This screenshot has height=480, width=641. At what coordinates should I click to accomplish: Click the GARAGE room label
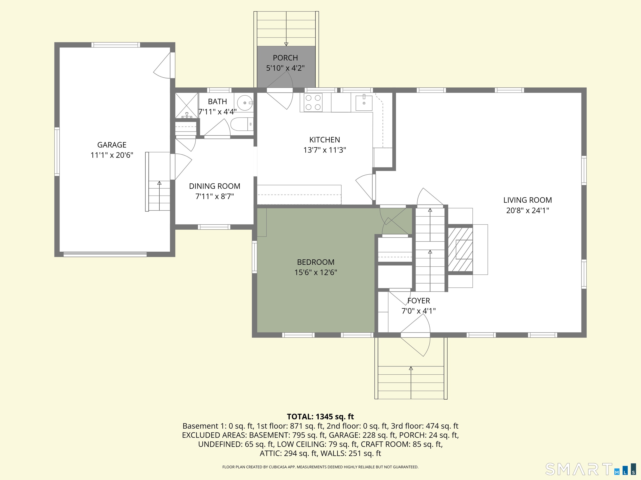[x=112, y=145]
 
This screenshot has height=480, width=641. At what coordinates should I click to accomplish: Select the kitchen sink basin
[x=364, y=102]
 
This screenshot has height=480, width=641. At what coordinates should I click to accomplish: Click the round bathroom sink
[x=245, y=102]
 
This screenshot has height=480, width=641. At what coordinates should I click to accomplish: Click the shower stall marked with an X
[x=187, y=105]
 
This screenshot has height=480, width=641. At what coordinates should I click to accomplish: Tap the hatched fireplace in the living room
[x=460, y=249]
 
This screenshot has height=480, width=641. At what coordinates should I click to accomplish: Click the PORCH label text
[x=285, y=58]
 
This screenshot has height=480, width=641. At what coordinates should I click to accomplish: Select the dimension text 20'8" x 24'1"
[x=527, y=210]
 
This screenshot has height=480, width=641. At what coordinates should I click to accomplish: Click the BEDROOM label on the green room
[x=315, y=262]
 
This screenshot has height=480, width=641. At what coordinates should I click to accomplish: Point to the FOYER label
[x=419, y=301]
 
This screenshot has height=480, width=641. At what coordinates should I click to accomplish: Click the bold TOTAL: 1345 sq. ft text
[x=320, y=417]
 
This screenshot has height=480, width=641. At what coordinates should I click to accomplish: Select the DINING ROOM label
[x=215, y=186]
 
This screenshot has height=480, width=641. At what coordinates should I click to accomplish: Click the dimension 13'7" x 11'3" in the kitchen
[x=324, y=150]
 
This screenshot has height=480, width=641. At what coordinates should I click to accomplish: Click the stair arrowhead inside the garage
[x=159, y=183]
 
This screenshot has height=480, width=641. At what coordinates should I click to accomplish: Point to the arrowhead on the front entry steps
[x=411, y=368]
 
